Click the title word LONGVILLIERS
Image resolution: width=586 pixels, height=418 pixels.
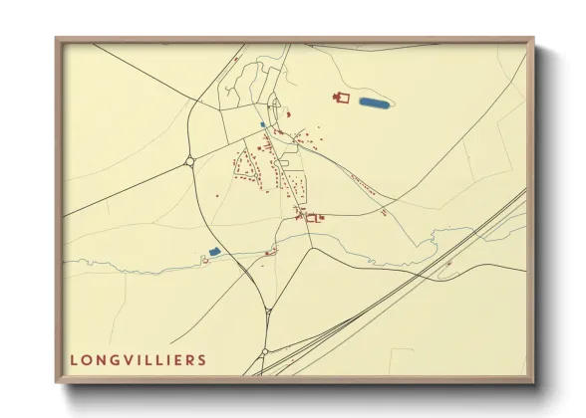tap(139, 359)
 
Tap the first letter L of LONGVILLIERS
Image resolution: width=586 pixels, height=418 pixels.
tap(74, 359)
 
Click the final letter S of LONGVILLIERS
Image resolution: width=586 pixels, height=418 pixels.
tap(203, 359)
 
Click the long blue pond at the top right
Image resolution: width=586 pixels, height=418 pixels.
tap(372, 102)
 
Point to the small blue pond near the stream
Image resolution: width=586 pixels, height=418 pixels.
tap(214, 253)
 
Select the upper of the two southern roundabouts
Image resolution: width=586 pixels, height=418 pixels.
tap(268, 313)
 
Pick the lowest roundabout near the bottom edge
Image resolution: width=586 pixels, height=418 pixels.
tap(263, 352)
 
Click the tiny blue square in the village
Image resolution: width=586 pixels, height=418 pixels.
tap(262, 124)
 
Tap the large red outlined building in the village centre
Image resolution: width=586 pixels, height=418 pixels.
tap(312, 216)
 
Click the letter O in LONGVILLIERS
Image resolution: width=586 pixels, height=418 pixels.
tap(86, 359)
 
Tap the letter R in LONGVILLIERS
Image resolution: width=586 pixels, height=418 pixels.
tap(190, 359)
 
